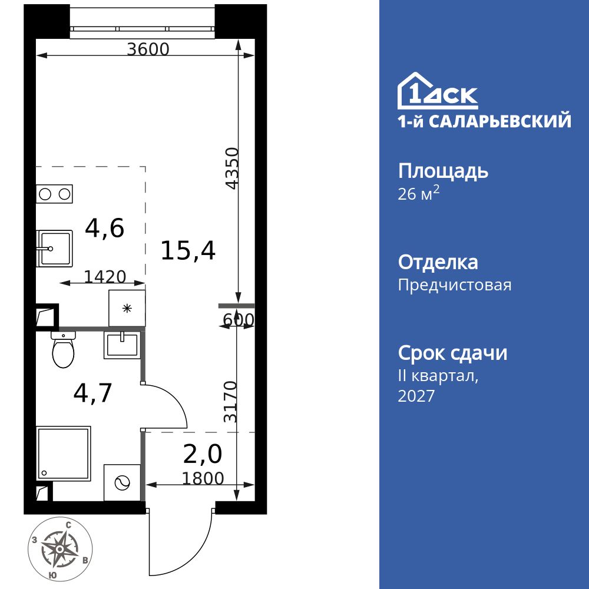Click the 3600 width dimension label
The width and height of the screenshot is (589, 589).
click(x=148, y=49)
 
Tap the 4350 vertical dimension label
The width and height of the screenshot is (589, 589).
click(x=233, y=168)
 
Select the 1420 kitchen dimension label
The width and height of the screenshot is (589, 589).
click(x=105, y=276)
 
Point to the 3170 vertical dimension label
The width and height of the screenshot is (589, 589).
click(x=231, y=402)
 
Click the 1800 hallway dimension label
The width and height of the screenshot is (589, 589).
click(x=203, y=478)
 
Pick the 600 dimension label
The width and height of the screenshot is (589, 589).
click(x=239, y=320)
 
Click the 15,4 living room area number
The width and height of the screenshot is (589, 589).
click(x=188, y=252)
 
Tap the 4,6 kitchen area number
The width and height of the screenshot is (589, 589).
click(x=105, y=228)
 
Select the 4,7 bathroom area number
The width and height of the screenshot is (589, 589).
click(x=92, y=393)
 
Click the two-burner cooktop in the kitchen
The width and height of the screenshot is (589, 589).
click(x=54, y=193)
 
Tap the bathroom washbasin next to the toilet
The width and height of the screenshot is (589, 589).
click(x=121, y=345)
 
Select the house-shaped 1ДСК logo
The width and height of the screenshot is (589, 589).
click(x=438, y=92)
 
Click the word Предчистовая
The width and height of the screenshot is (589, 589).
click(x=455, y=286)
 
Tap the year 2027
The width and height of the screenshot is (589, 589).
click(x=416, y=396)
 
